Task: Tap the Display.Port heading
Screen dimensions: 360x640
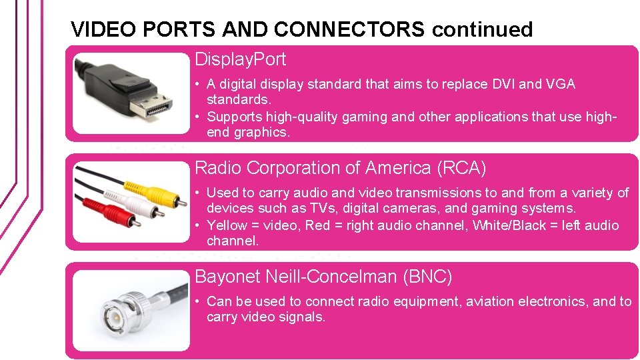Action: (240, 59)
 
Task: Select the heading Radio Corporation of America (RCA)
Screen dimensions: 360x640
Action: (340, 168)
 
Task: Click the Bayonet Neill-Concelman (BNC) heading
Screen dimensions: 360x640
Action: (323, 277)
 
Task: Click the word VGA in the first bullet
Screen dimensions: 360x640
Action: (561, 84)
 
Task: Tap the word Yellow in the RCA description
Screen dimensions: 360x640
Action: (227, 225)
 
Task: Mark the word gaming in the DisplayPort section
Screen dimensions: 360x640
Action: (365, 117)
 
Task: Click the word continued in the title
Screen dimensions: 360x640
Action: (482, 29)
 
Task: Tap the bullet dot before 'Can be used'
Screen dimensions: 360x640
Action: (199, 301)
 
